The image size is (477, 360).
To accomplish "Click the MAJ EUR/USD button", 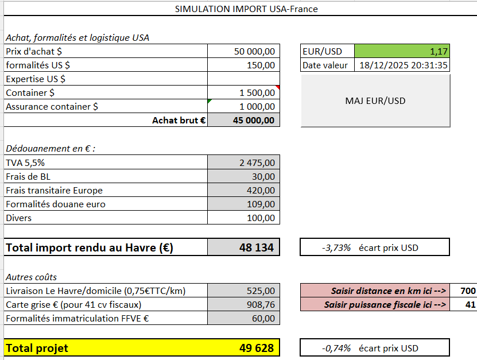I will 375,100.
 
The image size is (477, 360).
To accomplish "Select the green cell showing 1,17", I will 402,51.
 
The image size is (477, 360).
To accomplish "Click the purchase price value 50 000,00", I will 254,51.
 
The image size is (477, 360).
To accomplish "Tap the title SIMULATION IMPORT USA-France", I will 246,9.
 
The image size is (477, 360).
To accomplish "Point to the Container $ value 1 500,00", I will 257,92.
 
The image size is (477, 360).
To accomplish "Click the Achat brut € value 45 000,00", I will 254,120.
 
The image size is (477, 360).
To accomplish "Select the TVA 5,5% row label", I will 25,162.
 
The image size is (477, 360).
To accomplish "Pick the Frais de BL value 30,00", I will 263,176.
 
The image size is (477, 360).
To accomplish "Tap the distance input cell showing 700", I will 468,291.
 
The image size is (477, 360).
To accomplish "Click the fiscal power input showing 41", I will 470,304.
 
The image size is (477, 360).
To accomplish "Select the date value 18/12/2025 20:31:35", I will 402,65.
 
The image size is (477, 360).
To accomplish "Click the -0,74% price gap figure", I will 336,348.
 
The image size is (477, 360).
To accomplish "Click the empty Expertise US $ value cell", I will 243,79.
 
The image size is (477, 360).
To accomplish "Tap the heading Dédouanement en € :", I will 51,148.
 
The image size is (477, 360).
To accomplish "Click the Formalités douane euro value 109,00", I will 261,204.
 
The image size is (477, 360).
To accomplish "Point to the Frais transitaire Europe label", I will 55,190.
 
